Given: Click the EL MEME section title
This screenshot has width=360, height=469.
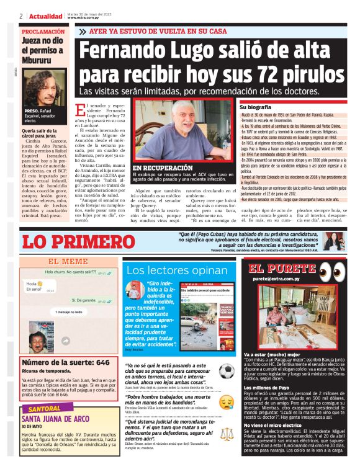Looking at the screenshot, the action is (68, 261).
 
